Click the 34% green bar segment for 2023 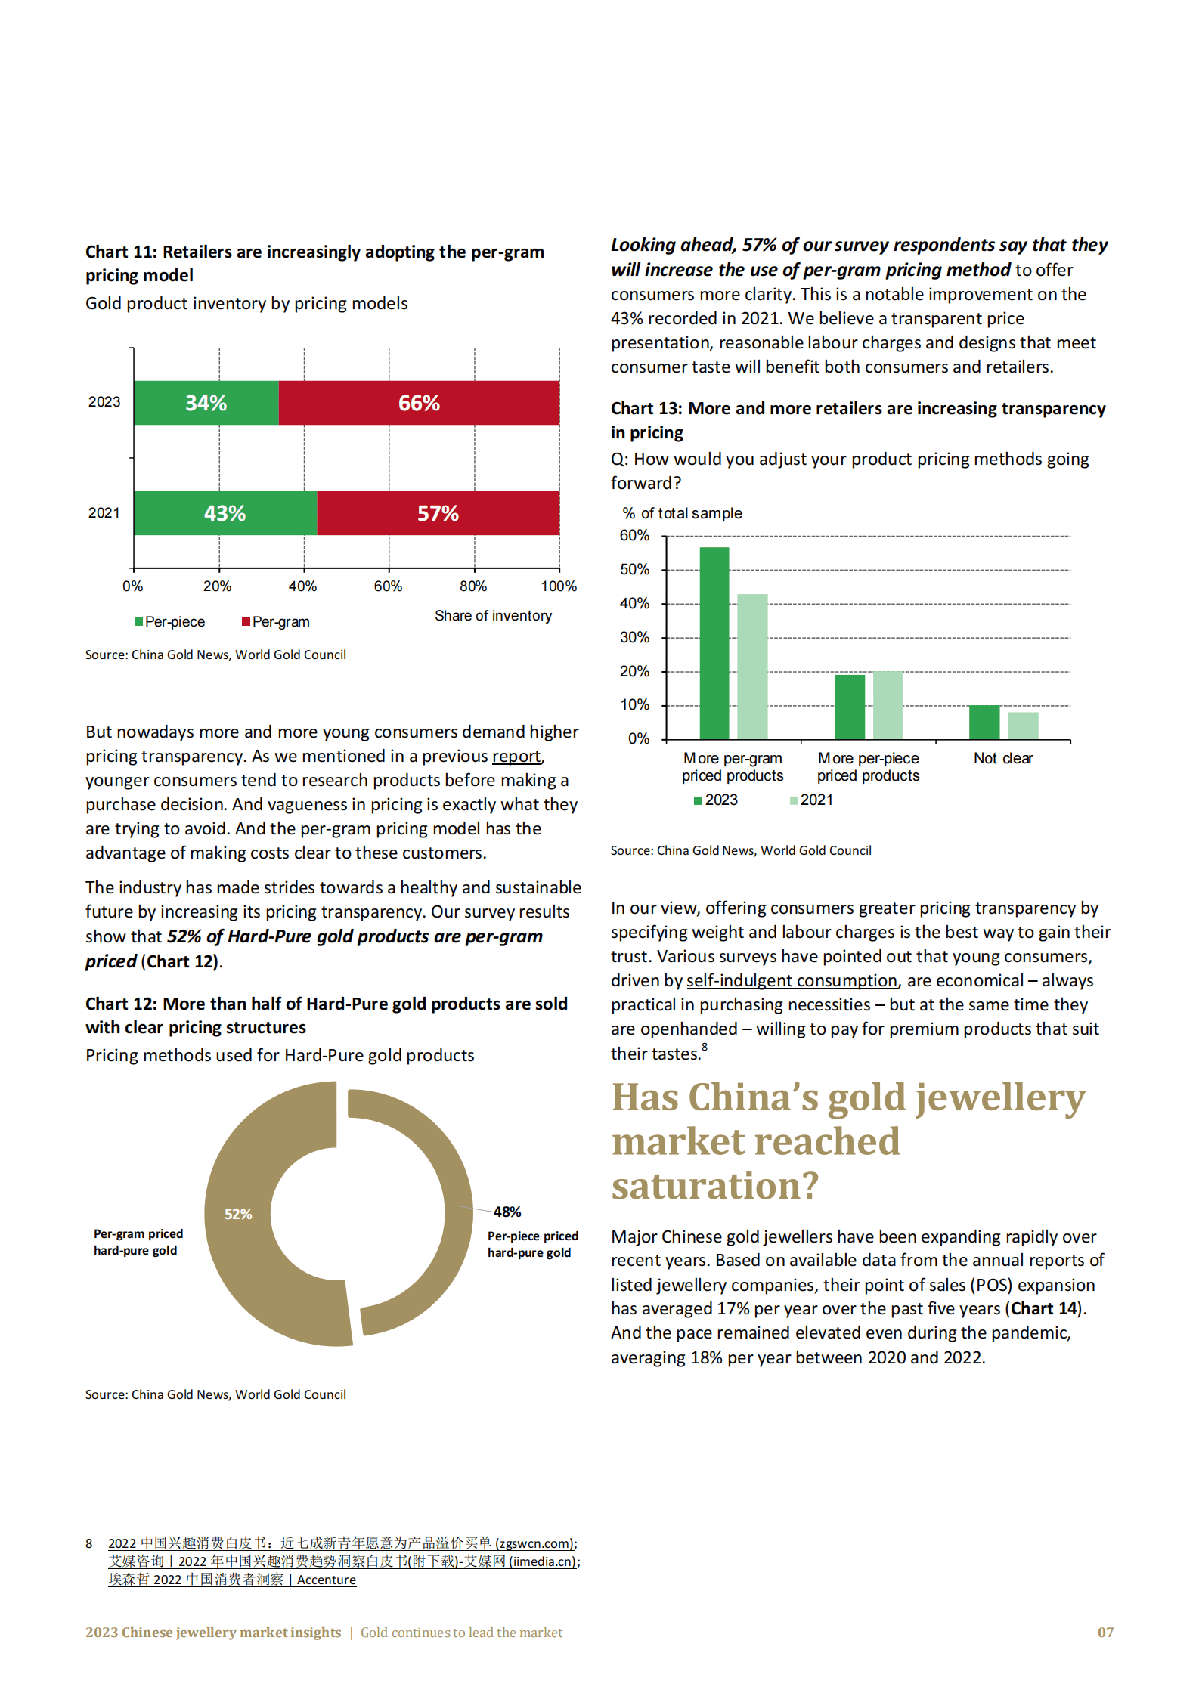206,403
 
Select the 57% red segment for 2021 438,513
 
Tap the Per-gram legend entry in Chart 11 276,622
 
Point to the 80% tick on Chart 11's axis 473,586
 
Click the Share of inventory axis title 493,616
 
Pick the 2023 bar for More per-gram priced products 714,643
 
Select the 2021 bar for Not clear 1023,726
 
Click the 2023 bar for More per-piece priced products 850,707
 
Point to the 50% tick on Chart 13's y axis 634,569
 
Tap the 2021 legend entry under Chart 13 811,800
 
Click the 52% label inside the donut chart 238,1214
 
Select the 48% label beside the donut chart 507,1212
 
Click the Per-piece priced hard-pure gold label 532,1244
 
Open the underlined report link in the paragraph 516,756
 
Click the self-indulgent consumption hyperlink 792,980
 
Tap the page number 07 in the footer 1105,1633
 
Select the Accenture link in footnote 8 327,1580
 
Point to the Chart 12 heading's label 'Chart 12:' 121,1004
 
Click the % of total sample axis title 682,513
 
